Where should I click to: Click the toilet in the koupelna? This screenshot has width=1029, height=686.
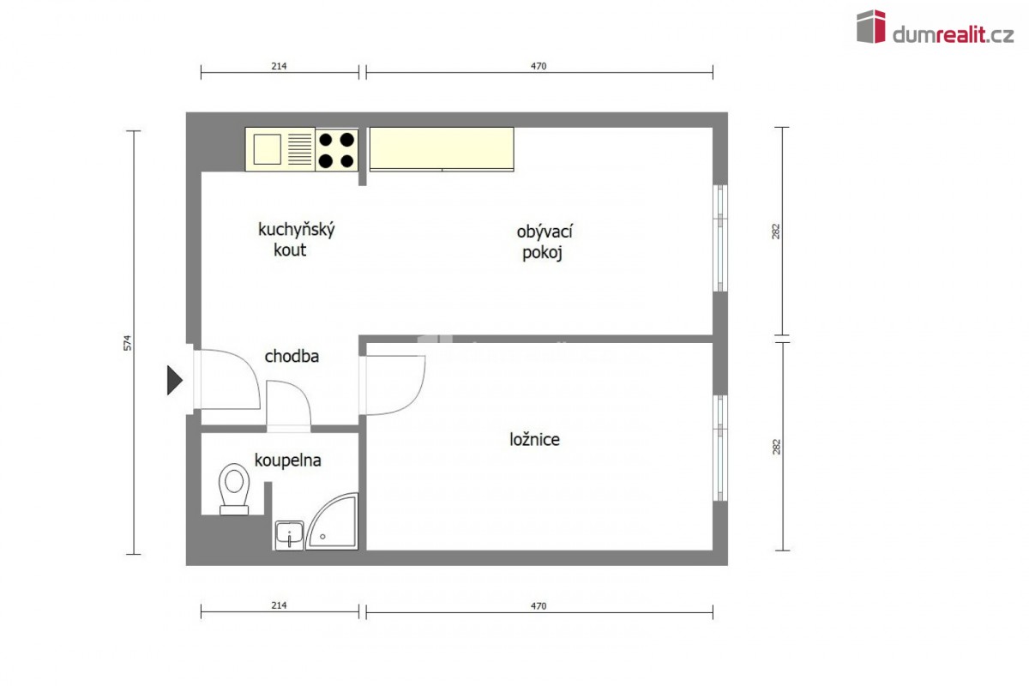pos(234,489)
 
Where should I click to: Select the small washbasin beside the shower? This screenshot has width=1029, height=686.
pos(289,535)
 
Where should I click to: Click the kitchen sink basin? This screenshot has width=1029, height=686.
pos(267,149)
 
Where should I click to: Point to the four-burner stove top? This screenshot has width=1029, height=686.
pos(336,150)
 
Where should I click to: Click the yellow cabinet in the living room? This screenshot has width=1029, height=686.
pos(442,149)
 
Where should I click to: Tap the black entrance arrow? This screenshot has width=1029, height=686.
pos(175,380)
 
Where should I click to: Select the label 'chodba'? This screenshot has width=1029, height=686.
pos(292,356)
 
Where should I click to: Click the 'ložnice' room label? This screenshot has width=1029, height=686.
pos(535,440)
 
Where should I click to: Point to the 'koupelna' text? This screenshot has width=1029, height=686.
pos(287,460)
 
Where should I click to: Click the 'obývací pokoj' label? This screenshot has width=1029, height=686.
pos(545,242)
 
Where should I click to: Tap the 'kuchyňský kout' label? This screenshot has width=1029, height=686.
pos(297,239)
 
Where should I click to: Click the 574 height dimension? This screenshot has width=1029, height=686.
pos(127,343)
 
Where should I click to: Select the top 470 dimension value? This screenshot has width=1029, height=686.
pos(539,66)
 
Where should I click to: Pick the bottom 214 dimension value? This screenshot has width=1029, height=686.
pos(279,605)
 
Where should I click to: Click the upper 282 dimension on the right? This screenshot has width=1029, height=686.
pos(775,232)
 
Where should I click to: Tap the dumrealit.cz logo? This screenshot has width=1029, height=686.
pos(936,27)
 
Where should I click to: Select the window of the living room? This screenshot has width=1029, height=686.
pos(720,238)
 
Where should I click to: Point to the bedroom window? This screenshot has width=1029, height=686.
pos(720,448)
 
